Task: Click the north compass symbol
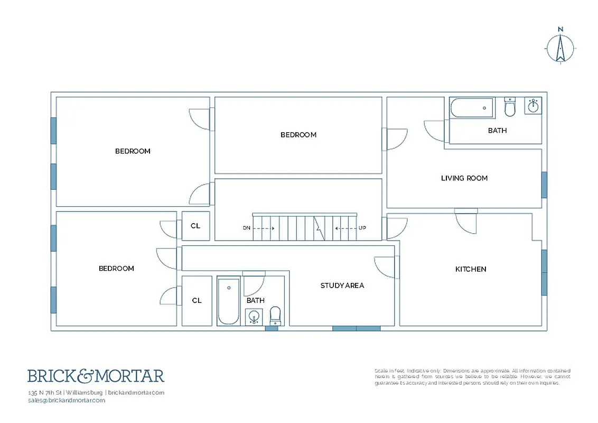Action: (x=560, y=48)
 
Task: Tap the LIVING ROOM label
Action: (x=464, y=178)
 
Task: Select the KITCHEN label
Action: (x=470, y=269)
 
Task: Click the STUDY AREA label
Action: (x=342, y=286)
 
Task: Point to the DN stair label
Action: (x=246, y=228)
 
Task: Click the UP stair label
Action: (x=362, y=228)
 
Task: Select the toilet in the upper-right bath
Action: (x=509, y=107)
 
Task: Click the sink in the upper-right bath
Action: (x=532, y=105)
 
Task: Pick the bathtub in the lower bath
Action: (x=229, y=301)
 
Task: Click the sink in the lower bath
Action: (x=254, y=317)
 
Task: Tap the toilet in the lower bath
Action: (x=275, y=316)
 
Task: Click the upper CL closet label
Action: (x=195, y=226)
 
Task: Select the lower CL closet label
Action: (x=197, y=300)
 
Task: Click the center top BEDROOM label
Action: (x=298, y=135)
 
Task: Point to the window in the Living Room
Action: (x=544, y=185)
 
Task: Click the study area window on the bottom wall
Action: (x=356, y=328)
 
